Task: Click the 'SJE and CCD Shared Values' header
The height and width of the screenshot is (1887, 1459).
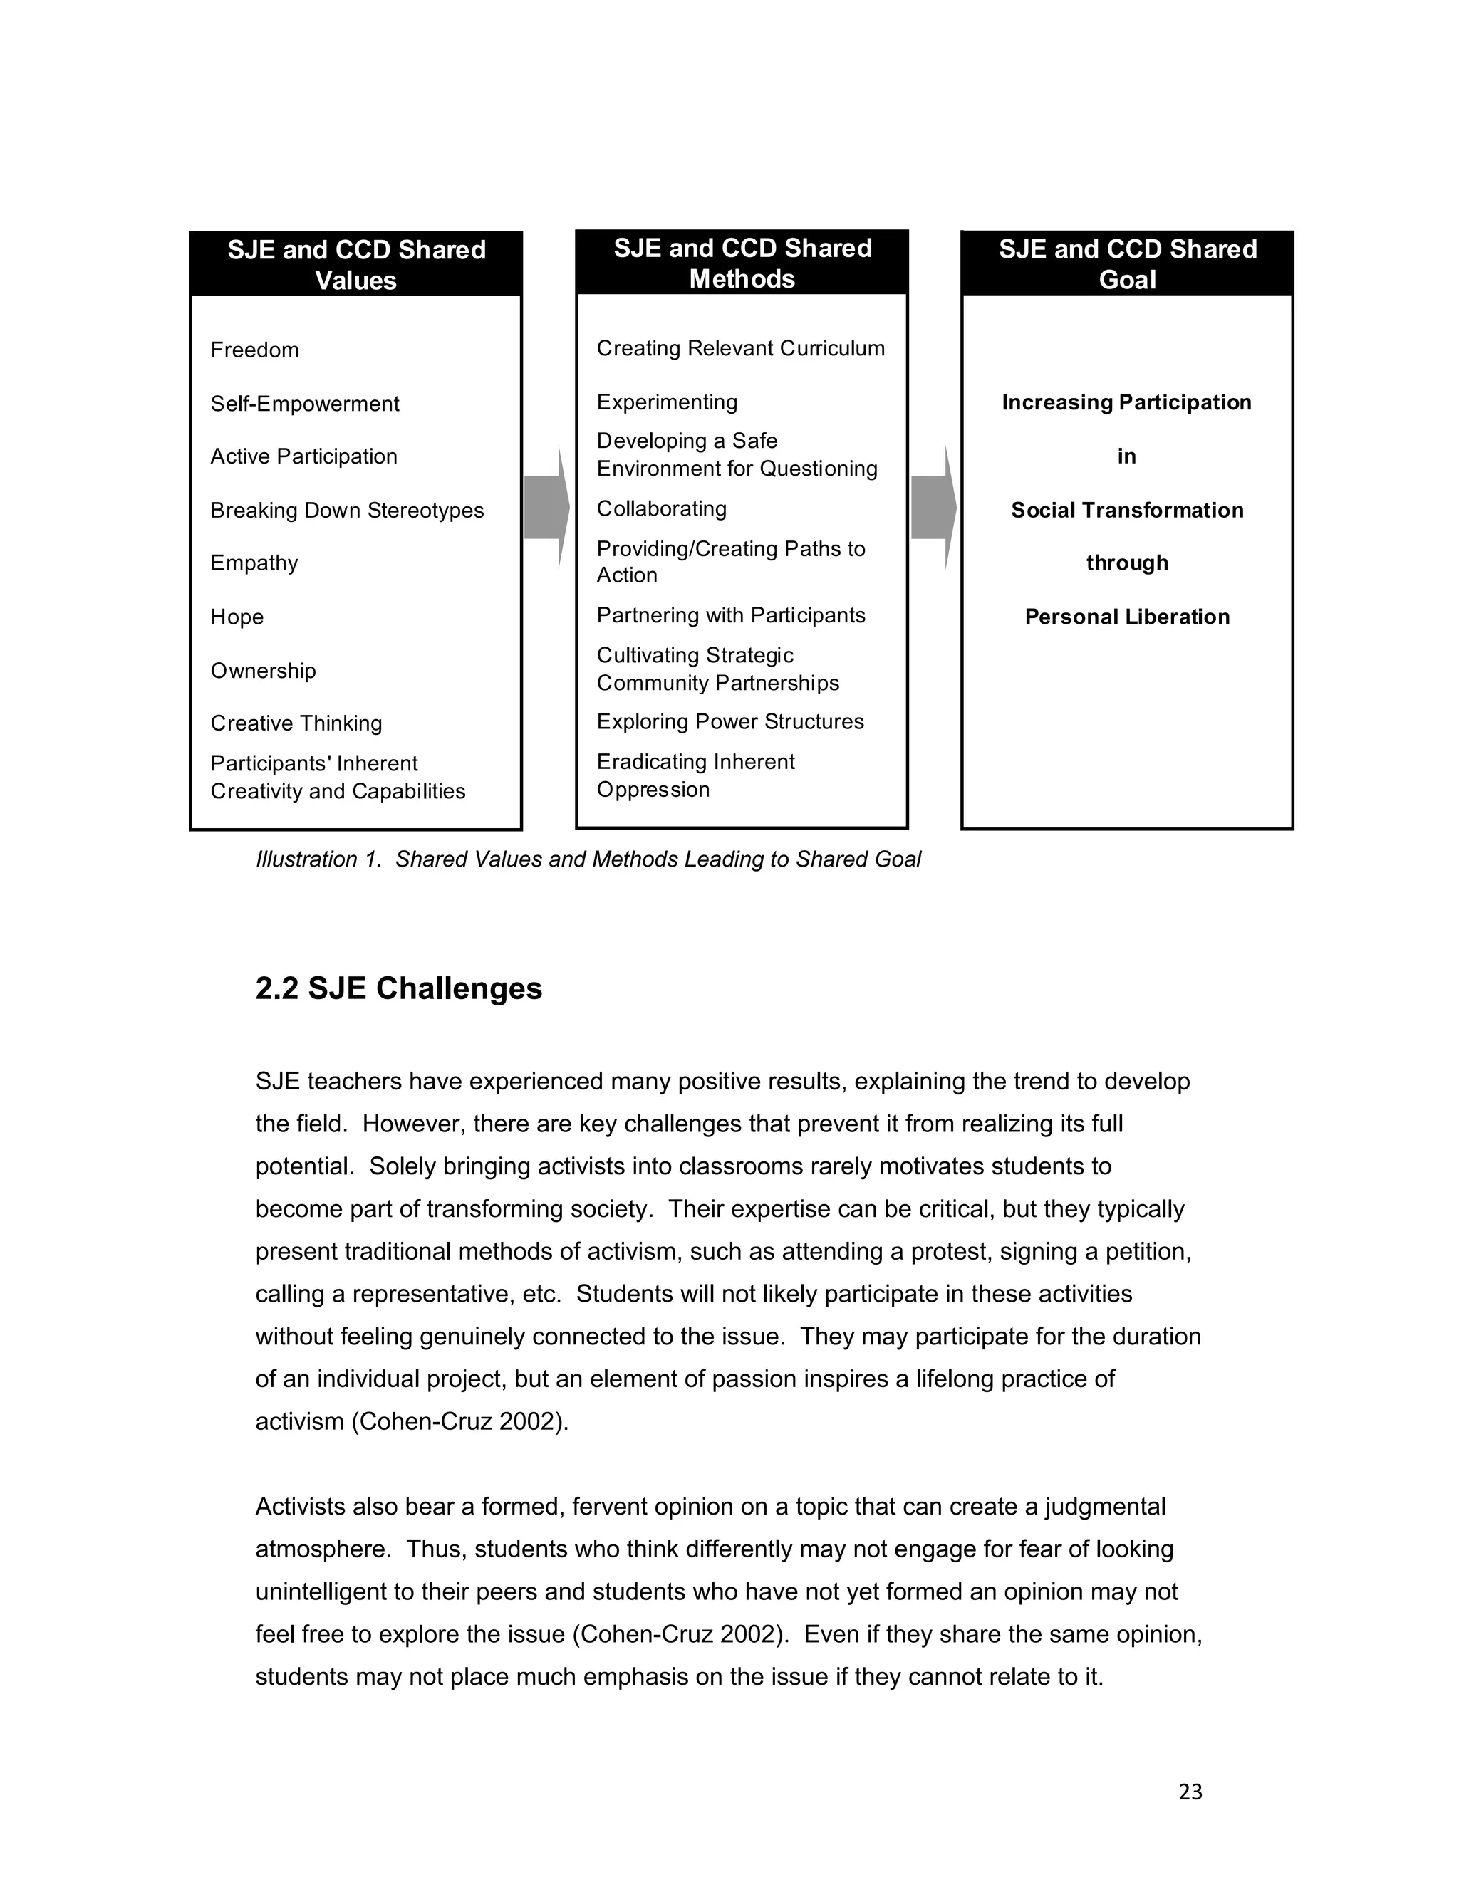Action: tap(355, 264)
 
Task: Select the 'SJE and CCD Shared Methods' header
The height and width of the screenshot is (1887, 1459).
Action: tap(742, 263)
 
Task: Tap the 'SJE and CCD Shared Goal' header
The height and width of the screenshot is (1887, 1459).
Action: tap(1127, 263)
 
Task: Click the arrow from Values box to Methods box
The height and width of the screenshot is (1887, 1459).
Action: tap(546, 507)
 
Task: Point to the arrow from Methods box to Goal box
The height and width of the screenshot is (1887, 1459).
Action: tap(933, 507)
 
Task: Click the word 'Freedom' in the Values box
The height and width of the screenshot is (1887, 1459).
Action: tap(254, 350)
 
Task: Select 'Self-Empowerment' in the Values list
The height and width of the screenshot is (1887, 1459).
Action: tap(304, 404)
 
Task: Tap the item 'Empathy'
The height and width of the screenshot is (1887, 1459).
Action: tap(254, 563)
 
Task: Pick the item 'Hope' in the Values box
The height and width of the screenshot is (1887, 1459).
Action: tap(237, 617)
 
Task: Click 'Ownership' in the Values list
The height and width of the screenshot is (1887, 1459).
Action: tap(263, 671)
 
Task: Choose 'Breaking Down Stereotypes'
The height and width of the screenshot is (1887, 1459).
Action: tap(347, 510)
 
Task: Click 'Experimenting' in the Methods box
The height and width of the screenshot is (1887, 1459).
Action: tap(666, 402)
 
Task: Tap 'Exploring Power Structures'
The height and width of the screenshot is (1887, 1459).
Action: tap(729, 721)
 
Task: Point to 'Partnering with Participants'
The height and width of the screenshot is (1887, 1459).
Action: tap(730, 615)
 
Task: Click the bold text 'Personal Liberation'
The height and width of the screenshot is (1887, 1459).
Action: tap(1127, 617)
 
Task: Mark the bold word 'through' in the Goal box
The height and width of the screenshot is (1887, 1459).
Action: tap(1127, 563)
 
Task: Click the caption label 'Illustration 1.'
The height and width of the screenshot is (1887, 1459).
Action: tap(318, 859)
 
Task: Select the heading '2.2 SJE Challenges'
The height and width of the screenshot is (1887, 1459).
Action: tap(398, 988)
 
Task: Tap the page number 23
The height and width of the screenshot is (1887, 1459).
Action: tap(1190, 1792)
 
